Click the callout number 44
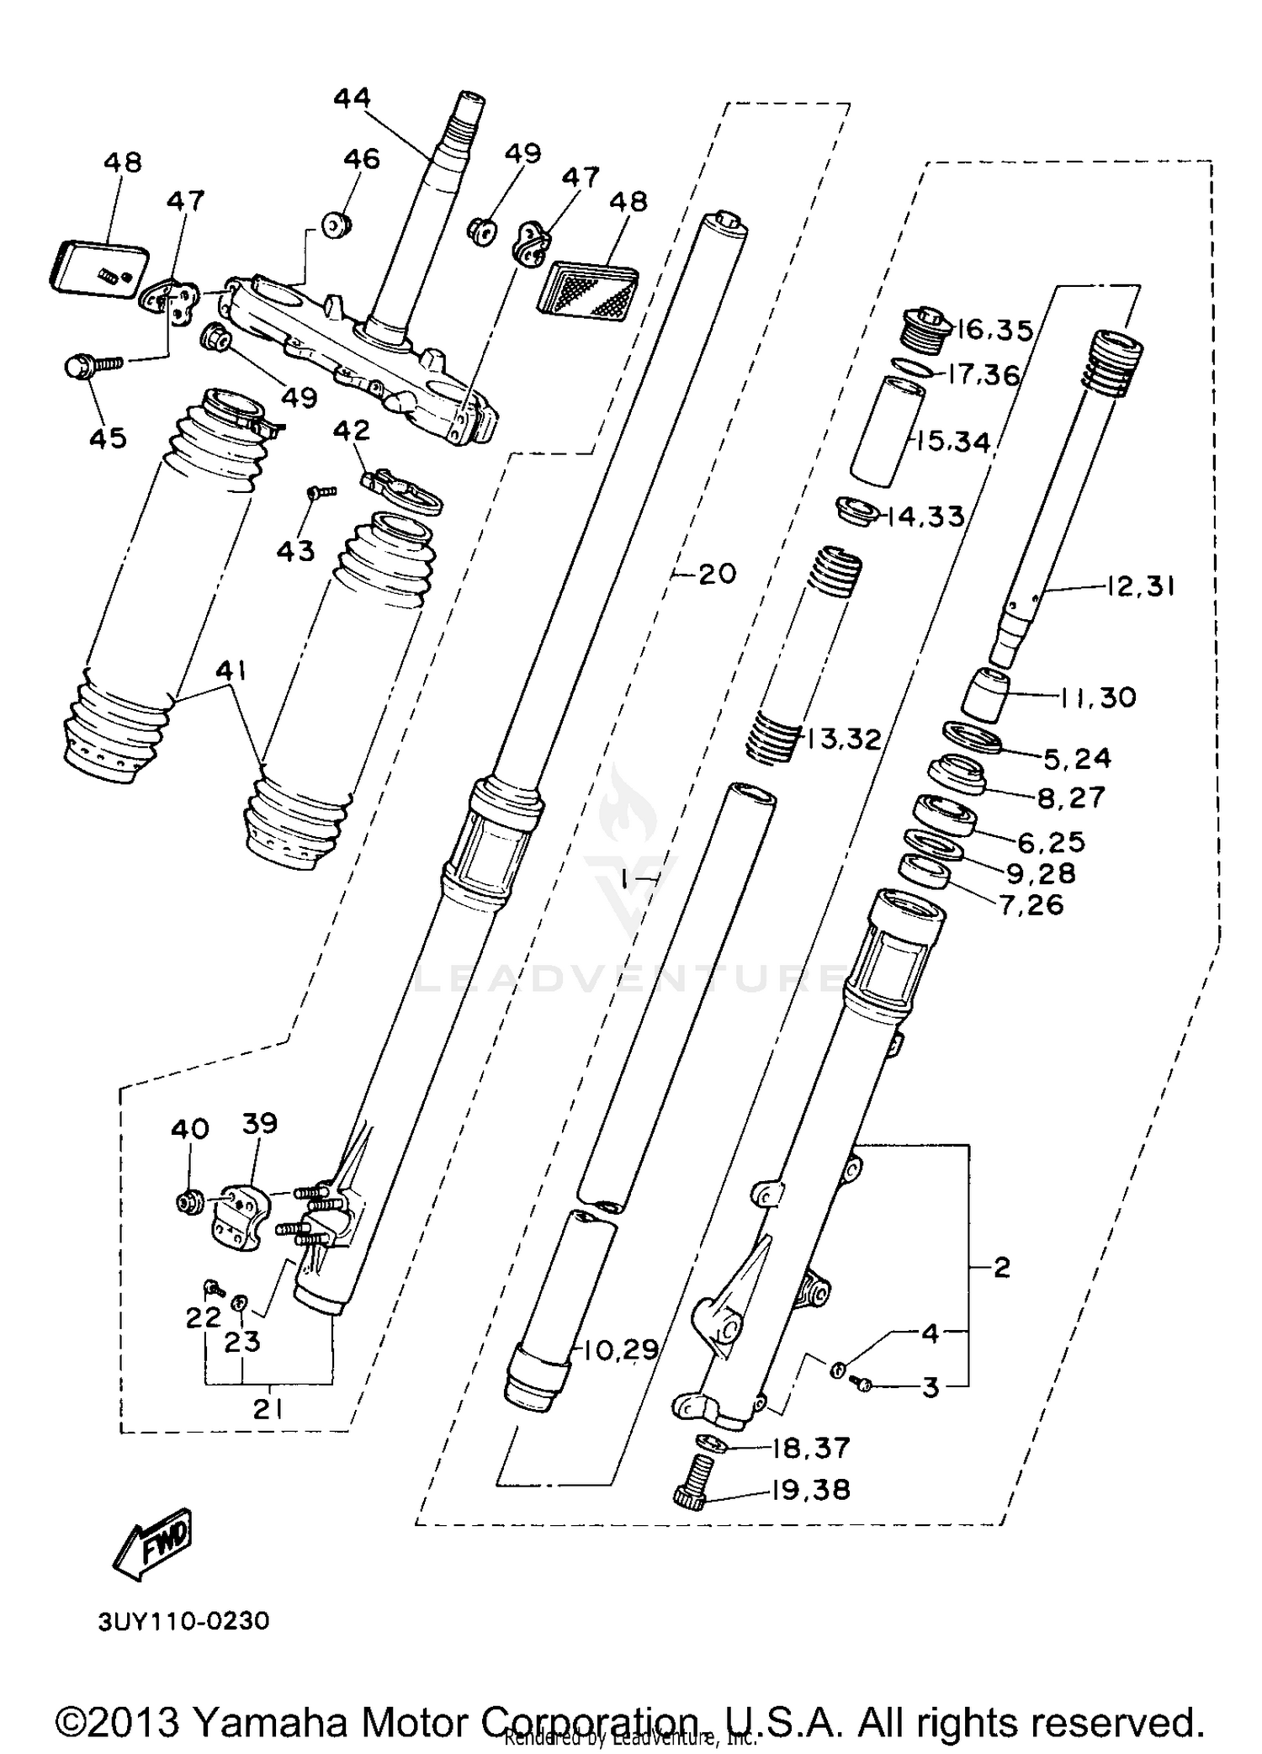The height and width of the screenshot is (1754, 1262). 352,98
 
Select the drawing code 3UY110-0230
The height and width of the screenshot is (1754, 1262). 183,1621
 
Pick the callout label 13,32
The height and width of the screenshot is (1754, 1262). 844,739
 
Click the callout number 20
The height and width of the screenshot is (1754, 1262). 717,574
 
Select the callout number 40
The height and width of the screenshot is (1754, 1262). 189,1128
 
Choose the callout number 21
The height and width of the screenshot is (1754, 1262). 268,1409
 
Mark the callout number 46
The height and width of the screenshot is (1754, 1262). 362,159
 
